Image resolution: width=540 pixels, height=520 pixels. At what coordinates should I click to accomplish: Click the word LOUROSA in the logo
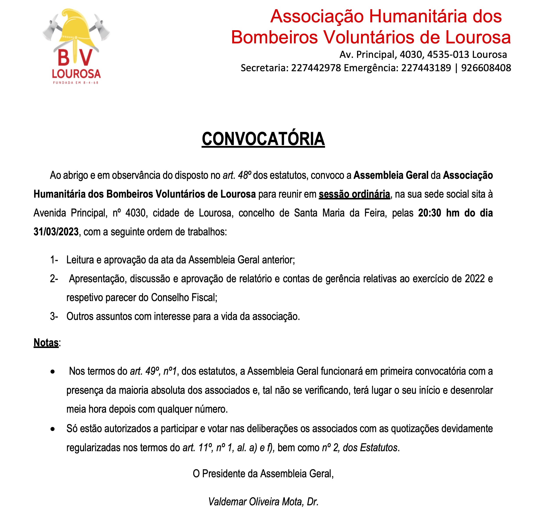[x=76, y=74]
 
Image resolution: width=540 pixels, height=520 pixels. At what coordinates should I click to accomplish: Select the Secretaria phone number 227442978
[x=316, y=68]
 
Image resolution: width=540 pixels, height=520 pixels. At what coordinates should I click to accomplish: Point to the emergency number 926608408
[x=486, y=68]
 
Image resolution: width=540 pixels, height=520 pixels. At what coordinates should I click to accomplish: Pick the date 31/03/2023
[x=56, y=232]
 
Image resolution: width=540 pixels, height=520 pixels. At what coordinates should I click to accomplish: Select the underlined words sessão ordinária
[x=354, y=194]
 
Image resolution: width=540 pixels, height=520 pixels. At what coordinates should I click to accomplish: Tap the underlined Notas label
[x=46, y=343]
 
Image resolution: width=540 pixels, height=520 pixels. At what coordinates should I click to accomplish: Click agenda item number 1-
[x=54, y=260]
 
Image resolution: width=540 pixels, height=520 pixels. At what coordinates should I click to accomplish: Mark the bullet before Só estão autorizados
[x=53, y=429]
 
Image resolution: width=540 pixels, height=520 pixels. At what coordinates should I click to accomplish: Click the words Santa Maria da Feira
[x=339, y=213]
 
